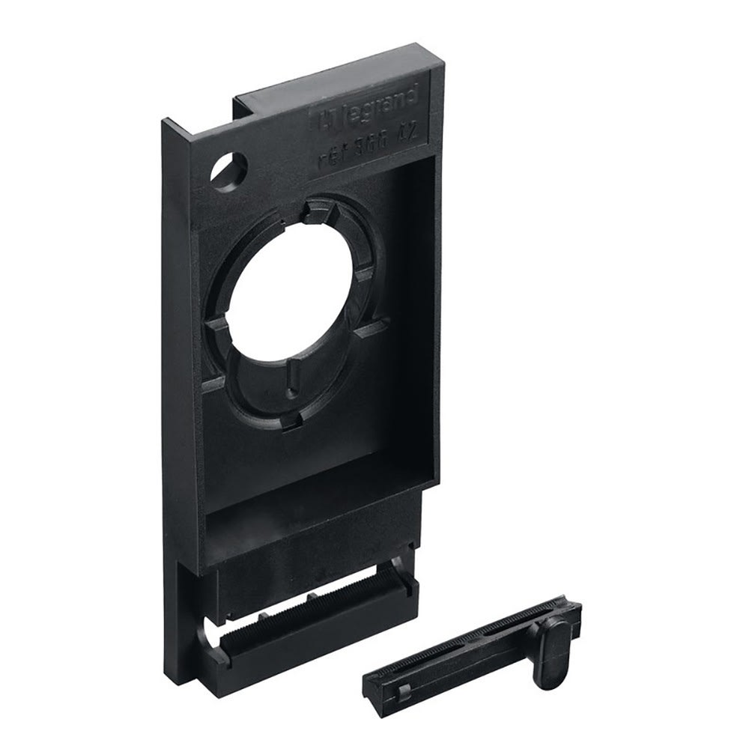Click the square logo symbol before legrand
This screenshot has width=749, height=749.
click(x=324, y=118)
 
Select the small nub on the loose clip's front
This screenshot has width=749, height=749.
click(x=404, y=668)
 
